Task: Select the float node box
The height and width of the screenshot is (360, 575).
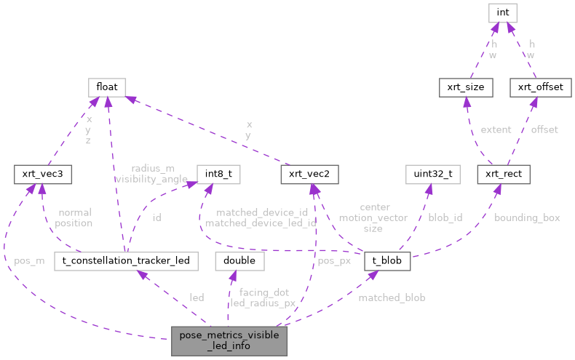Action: click(107, 88)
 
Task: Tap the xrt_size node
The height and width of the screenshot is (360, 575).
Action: click(466, 88)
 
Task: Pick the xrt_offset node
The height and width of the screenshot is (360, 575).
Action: click(540, 88)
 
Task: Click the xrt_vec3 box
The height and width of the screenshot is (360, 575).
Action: click(40, 175)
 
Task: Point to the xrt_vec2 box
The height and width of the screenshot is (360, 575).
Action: click(310, 175)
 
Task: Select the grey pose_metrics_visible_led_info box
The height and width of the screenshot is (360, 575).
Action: click(229, 340)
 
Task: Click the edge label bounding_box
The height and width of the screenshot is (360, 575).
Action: click(527, 217)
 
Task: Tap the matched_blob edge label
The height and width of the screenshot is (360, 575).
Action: click(392, 297)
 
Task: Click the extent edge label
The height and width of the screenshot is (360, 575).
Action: click(496, 129)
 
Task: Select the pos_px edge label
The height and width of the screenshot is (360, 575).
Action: click(334, 260)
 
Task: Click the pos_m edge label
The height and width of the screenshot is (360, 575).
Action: click(29, 260)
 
